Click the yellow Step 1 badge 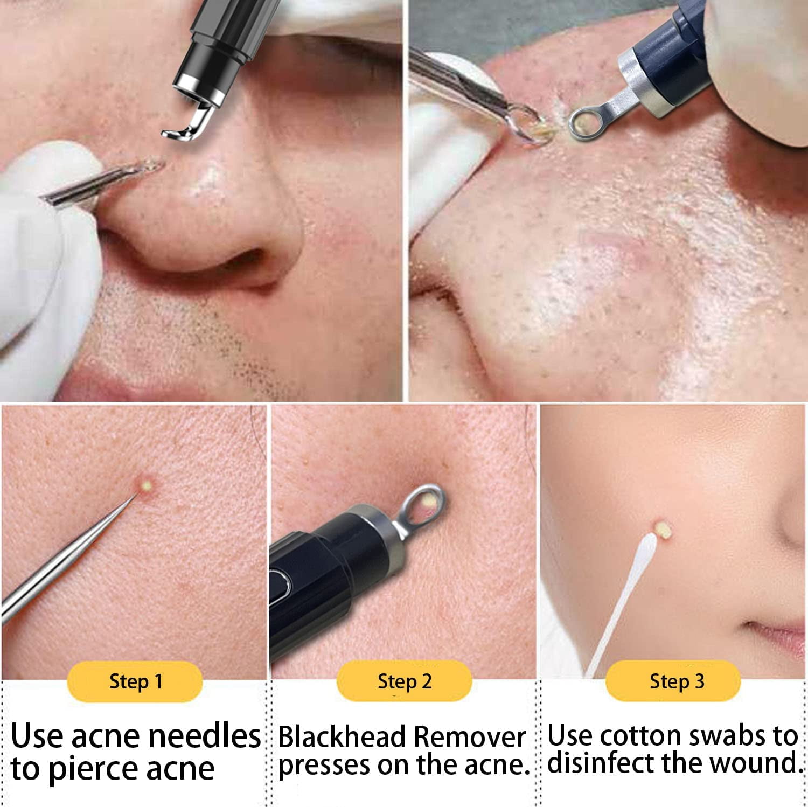(x=135, y=681)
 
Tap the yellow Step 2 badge (x=405, y=681)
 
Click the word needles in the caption (x=204, y=736)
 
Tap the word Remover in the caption (x=470, y=737)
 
